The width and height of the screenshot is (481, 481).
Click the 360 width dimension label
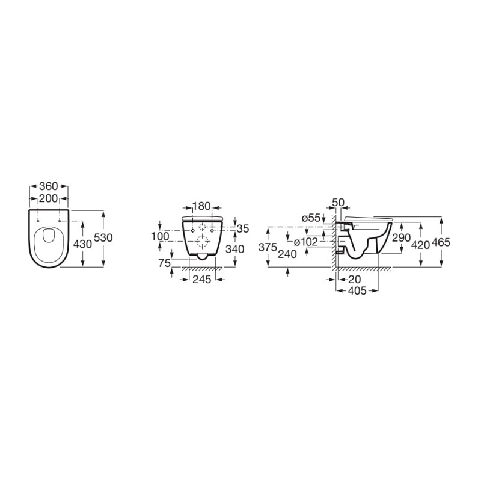49,186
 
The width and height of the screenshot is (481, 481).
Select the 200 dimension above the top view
49,198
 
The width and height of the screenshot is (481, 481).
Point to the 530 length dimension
104,238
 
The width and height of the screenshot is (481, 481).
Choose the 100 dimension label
160,237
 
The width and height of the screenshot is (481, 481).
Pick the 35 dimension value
243,228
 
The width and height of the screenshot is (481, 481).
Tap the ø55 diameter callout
311,218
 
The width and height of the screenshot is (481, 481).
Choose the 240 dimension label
289,254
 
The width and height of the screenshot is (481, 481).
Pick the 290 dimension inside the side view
401,238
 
